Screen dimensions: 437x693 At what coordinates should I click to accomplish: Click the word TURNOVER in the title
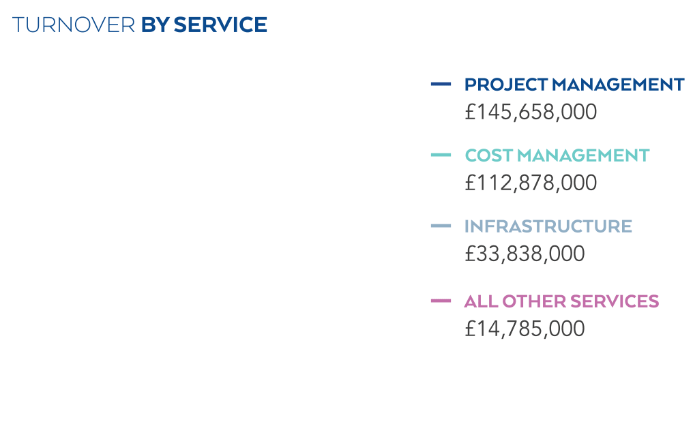(74, 25)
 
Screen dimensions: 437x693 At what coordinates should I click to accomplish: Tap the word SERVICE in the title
(220, 25)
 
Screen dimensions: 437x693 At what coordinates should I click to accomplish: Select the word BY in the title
(156, 25)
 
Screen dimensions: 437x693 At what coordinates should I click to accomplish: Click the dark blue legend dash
(441, 85)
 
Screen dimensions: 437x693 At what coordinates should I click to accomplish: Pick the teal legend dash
(441, 155)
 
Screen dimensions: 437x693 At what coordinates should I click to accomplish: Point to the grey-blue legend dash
(441, 226)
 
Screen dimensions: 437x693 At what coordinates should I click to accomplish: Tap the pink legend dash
(441, 301)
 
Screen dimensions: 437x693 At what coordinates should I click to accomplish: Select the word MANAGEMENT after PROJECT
(618, 85)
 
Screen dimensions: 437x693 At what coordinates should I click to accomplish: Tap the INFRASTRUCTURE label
(548, 226)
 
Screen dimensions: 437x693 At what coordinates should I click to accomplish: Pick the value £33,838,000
(525, 254)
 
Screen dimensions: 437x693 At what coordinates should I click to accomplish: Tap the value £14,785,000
(525, 329)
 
